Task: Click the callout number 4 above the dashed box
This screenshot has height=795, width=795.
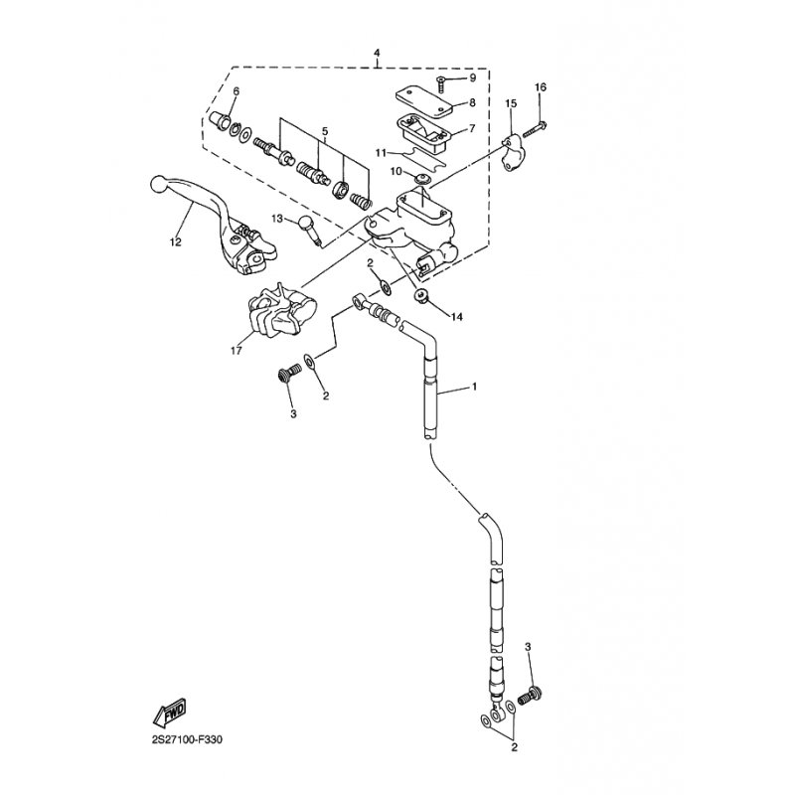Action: (x=378, y=52)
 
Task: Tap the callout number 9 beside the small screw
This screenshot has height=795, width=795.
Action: (x=472, y=78)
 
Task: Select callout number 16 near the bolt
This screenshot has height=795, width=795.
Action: (x=540, y=88)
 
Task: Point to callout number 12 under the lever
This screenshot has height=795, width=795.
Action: (x=176, y=241)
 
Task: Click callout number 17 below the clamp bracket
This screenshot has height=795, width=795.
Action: (x=236, y=349)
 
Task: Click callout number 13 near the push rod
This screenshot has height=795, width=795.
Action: (x=278, y=218)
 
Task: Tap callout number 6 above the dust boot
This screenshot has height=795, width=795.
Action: (x=236, y=92)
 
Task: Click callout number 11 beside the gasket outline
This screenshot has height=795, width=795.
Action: (x=382, y=152)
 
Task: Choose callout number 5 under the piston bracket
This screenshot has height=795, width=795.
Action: (x=322, y=132)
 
